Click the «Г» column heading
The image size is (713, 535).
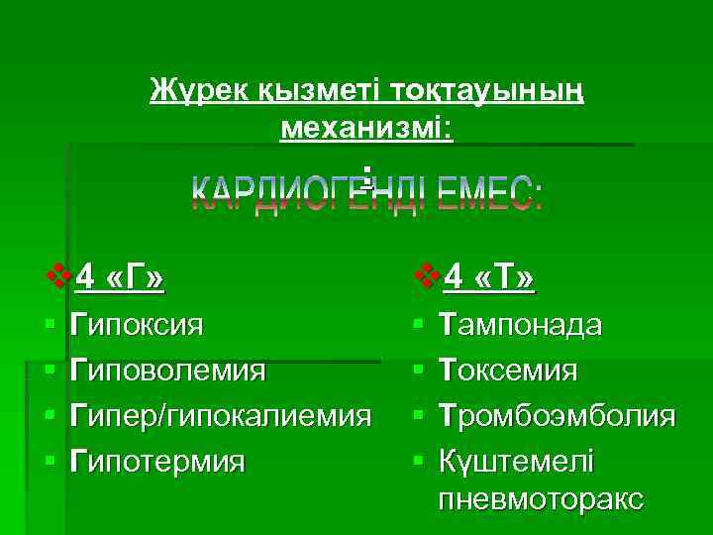pyautogui.click(x=134, y=278)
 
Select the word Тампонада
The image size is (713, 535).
pyautogui.click(x=519, y=325)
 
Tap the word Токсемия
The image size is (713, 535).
pyautogui.click(x=507, y=372)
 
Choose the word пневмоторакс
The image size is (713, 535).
pyautogui.click(x=541, y=498)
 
